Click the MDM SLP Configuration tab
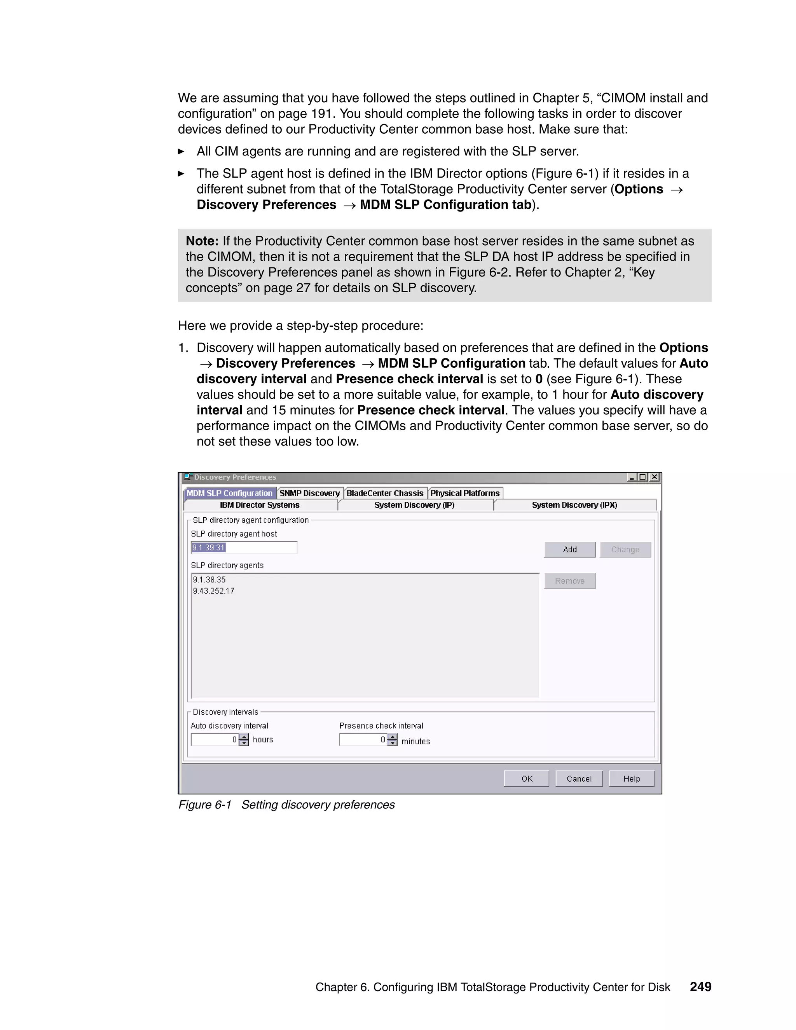[230, 493]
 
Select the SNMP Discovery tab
[309, 493]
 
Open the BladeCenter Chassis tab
[385, 493]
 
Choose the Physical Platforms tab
[465, 493]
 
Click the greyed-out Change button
[625, 550]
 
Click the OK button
[526, 779]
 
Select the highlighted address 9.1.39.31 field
[243, 548]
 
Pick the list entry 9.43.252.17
[214, 591]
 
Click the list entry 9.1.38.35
[209, 580]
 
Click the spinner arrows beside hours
[244, 740]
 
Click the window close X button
[654, 477]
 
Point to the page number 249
[700, 986]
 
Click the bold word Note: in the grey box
[202, 241]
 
